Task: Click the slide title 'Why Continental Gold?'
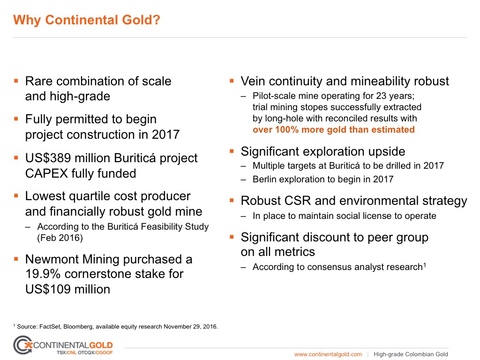click(87, 20)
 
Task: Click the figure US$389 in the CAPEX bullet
click(48, 158)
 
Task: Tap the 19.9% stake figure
click(43, 274)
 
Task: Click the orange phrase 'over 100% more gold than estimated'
click(334, 129)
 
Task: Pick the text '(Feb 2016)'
click(60, 238)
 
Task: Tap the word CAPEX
click(46, 173)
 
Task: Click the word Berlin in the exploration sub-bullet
click(264, 179)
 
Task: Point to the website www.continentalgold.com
click(328, 354)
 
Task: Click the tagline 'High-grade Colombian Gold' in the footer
click(411, 354)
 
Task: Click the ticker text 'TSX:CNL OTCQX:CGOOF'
click(84, 352)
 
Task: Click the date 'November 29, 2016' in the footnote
click(190, 327)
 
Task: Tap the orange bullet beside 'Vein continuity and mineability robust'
click(232, 81)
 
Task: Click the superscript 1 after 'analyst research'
click(425, 265)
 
